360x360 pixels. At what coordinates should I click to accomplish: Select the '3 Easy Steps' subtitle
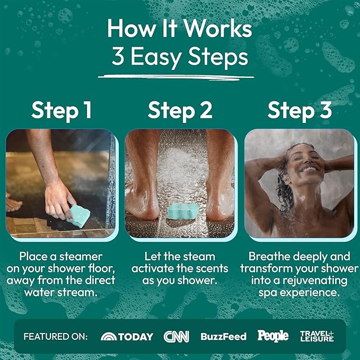coord(180,57)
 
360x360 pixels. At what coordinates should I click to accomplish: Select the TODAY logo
coord(127,336)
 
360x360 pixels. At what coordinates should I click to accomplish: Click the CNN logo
coord(176,336)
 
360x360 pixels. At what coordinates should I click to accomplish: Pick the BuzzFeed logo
coord(223,336)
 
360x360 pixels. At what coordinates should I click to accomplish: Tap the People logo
coord(273,336)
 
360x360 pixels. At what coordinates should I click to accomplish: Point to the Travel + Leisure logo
coord(317,336)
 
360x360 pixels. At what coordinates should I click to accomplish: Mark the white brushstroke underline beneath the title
coord(180,77)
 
